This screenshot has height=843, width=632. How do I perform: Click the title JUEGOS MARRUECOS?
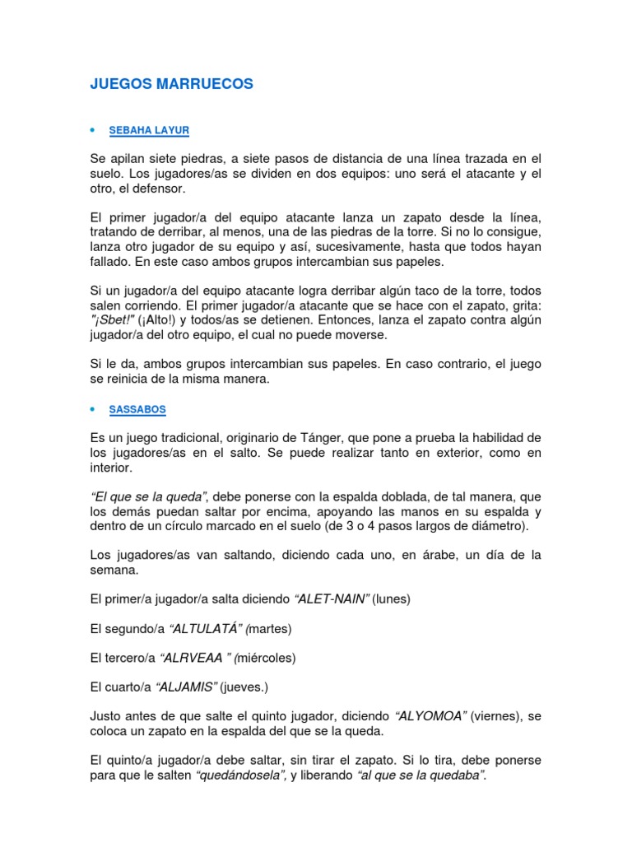pyautogui.click(x=171, y=84)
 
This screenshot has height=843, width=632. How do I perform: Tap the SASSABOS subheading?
pyautogui.click(x=138, y=408)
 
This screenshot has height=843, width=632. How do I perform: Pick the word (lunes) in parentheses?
pyautogui.click(x=392, y=599)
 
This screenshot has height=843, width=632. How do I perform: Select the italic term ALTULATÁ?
pyautogui.click(x=204, y=629)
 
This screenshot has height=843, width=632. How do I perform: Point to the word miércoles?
pyautogui.click(x=266, y=658)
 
